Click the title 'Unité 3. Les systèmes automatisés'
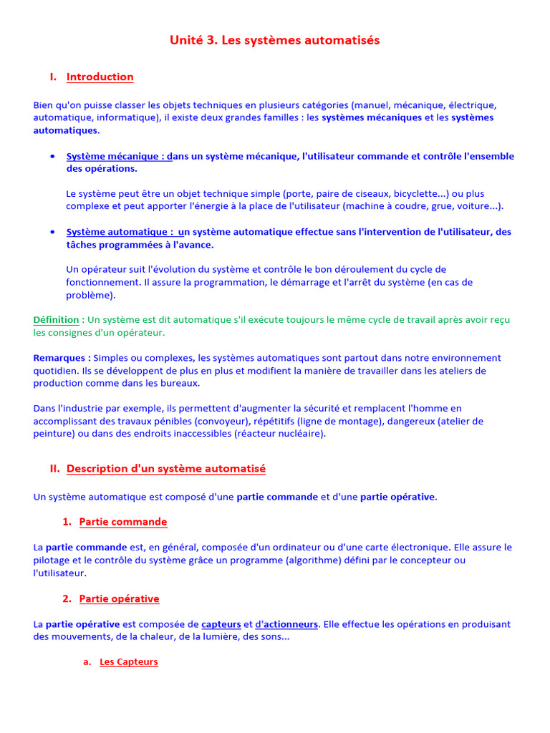(274, 41)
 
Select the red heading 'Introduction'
(100, 77)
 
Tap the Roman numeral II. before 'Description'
(54, 469)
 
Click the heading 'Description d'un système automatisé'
(165, 469)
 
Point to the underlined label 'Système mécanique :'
(119, 157)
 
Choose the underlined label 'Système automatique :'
(121, 232)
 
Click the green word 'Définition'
(57, 320)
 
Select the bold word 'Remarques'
(60, 358)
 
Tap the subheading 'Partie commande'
(122, 522)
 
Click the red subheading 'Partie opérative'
(119, 599)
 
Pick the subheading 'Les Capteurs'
(128, 662)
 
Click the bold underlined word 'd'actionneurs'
(286, 624)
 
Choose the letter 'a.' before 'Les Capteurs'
(87, 662)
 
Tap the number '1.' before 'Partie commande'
(67, 522)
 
